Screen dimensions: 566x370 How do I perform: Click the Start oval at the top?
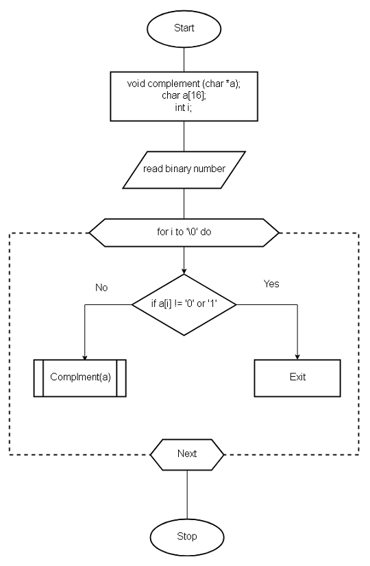(x=184, y=29)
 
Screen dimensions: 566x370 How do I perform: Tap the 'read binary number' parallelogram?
(x=184, y=169)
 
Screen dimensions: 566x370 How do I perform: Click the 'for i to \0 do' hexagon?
(x=184, y=233)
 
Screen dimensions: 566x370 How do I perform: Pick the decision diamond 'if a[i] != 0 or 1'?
(x=184, y=304)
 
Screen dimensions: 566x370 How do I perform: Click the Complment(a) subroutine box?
(x=80, y=378)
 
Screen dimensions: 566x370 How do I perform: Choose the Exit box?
(x=297, y=378)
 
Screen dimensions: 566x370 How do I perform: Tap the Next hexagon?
(x=186, y=454)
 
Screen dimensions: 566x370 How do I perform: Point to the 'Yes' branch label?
(x=271, y=283)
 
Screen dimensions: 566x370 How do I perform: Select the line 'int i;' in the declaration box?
(x=184, y=106)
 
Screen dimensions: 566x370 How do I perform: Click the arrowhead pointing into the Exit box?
(x=297, y=356)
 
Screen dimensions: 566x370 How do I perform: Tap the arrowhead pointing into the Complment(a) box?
(x=84, y=356)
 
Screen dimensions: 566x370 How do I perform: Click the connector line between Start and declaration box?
(x=184, y=56)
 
